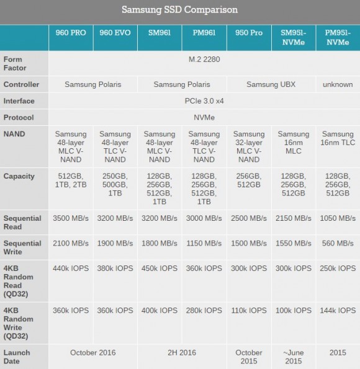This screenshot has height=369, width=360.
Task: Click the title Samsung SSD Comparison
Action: tap(179, 10)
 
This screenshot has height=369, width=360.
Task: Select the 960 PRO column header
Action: tap(71, 33)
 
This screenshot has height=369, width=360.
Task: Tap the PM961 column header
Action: tap(204, 33)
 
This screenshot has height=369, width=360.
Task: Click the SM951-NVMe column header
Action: tap(294, 37)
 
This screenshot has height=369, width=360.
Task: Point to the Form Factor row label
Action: tap(15, 63)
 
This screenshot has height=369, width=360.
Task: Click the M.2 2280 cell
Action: tap(204, 60)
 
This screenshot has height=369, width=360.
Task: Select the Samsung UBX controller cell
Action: tap(271, 84)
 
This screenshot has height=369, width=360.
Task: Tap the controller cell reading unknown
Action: tap(338, 84)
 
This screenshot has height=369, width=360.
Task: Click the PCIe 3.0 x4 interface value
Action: tap(204, 101)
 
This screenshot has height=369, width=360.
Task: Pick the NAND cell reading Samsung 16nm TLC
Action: tap(338, 138)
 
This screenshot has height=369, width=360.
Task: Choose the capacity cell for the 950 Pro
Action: tap(249, 180)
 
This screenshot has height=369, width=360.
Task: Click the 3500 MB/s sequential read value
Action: tap(71, 218)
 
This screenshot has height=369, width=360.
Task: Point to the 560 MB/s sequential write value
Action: tap(338, 243)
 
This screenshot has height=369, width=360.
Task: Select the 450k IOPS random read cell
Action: tap(160, 269)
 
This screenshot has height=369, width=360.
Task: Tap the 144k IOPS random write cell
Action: tap(338, 311)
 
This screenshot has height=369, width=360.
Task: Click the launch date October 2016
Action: tap(93, 352)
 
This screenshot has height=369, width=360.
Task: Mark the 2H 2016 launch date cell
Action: tap(182, 352)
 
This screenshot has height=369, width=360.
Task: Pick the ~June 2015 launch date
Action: tap(294, 357)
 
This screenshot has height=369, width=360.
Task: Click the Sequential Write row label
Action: tap(22, 247)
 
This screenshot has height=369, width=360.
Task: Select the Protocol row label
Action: tap(19, 117)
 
